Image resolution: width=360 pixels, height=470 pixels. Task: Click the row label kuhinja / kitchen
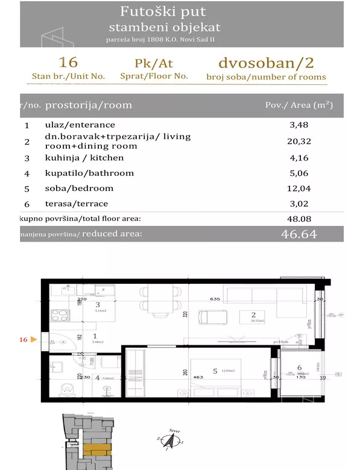pos(84,158)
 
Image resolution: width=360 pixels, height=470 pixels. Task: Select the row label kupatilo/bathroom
pos(89,174)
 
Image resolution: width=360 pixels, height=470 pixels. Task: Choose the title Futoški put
pos(164,11)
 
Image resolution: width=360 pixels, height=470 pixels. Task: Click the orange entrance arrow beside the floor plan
pos(33,340)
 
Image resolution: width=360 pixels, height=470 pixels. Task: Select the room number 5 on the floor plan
pos(214,371)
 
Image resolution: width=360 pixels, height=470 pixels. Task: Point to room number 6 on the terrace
pos(300,368)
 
